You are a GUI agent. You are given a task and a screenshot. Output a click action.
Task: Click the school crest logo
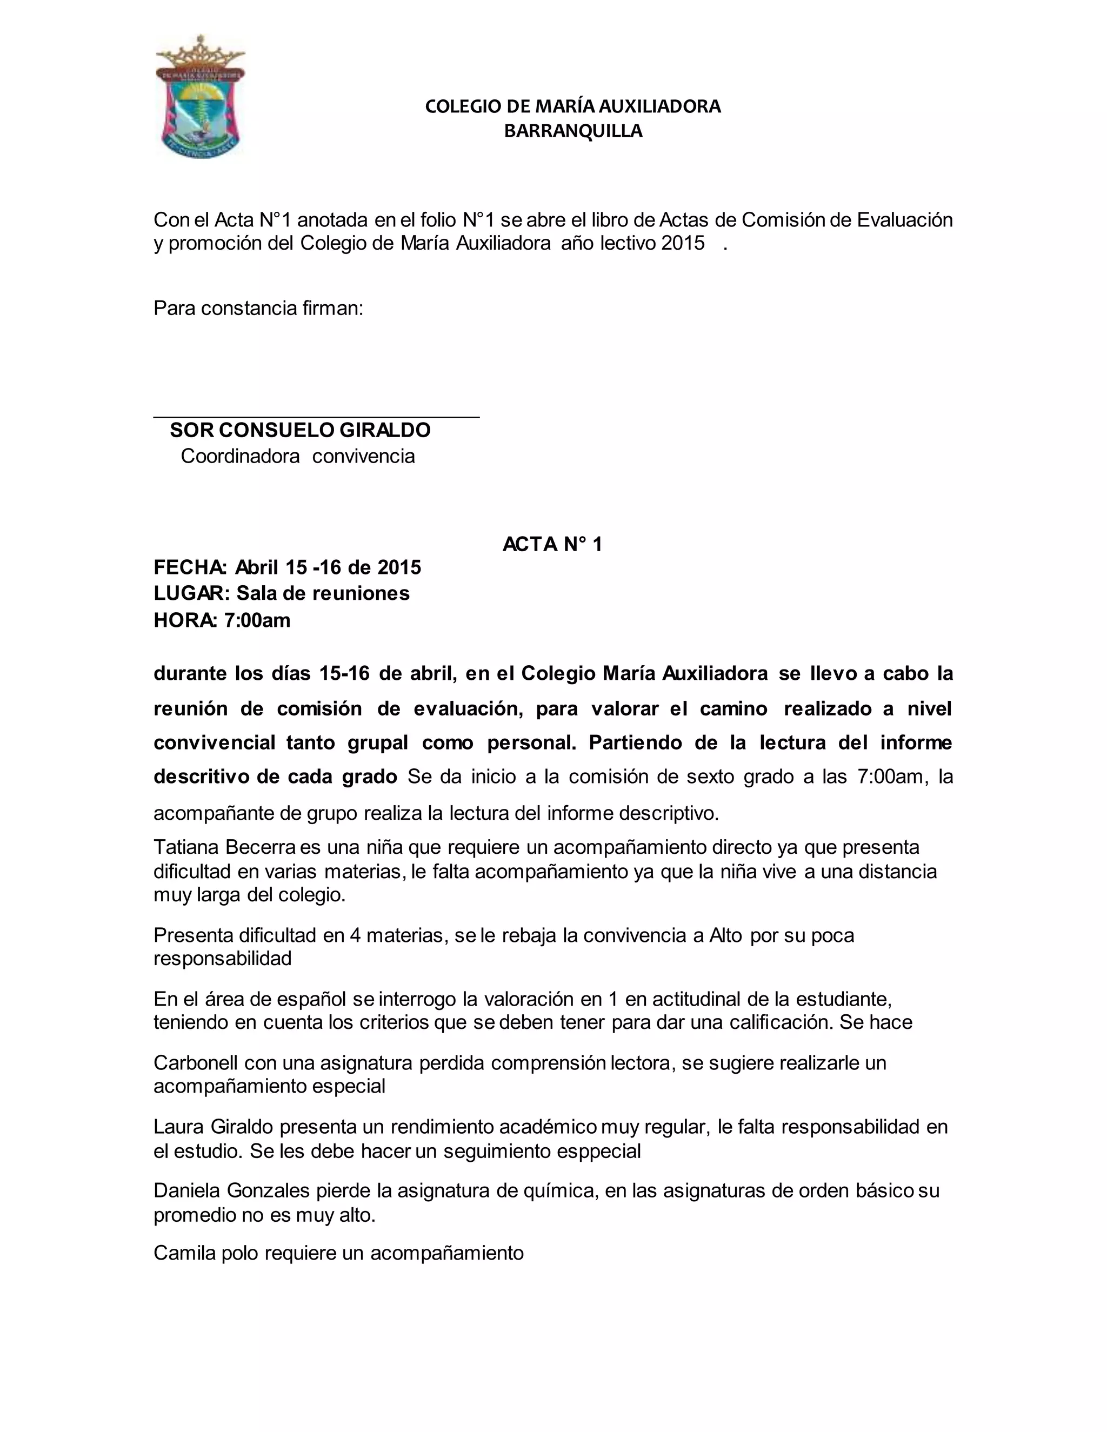199,98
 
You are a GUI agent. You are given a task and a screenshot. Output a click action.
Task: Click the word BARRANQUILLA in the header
572,131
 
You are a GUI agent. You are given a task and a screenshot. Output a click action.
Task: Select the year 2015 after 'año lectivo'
683,243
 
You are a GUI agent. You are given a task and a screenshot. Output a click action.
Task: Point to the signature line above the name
316,416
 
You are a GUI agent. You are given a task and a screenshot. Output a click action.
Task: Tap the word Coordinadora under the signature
240,457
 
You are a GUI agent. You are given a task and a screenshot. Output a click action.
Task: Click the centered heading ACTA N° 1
552,544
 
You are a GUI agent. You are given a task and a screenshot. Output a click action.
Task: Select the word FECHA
190,567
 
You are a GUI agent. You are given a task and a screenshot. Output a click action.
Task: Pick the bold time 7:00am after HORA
257,620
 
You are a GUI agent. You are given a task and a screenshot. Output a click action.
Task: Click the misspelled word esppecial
598,1152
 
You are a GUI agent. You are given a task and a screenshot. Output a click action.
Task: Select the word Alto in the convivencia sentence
725,935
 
